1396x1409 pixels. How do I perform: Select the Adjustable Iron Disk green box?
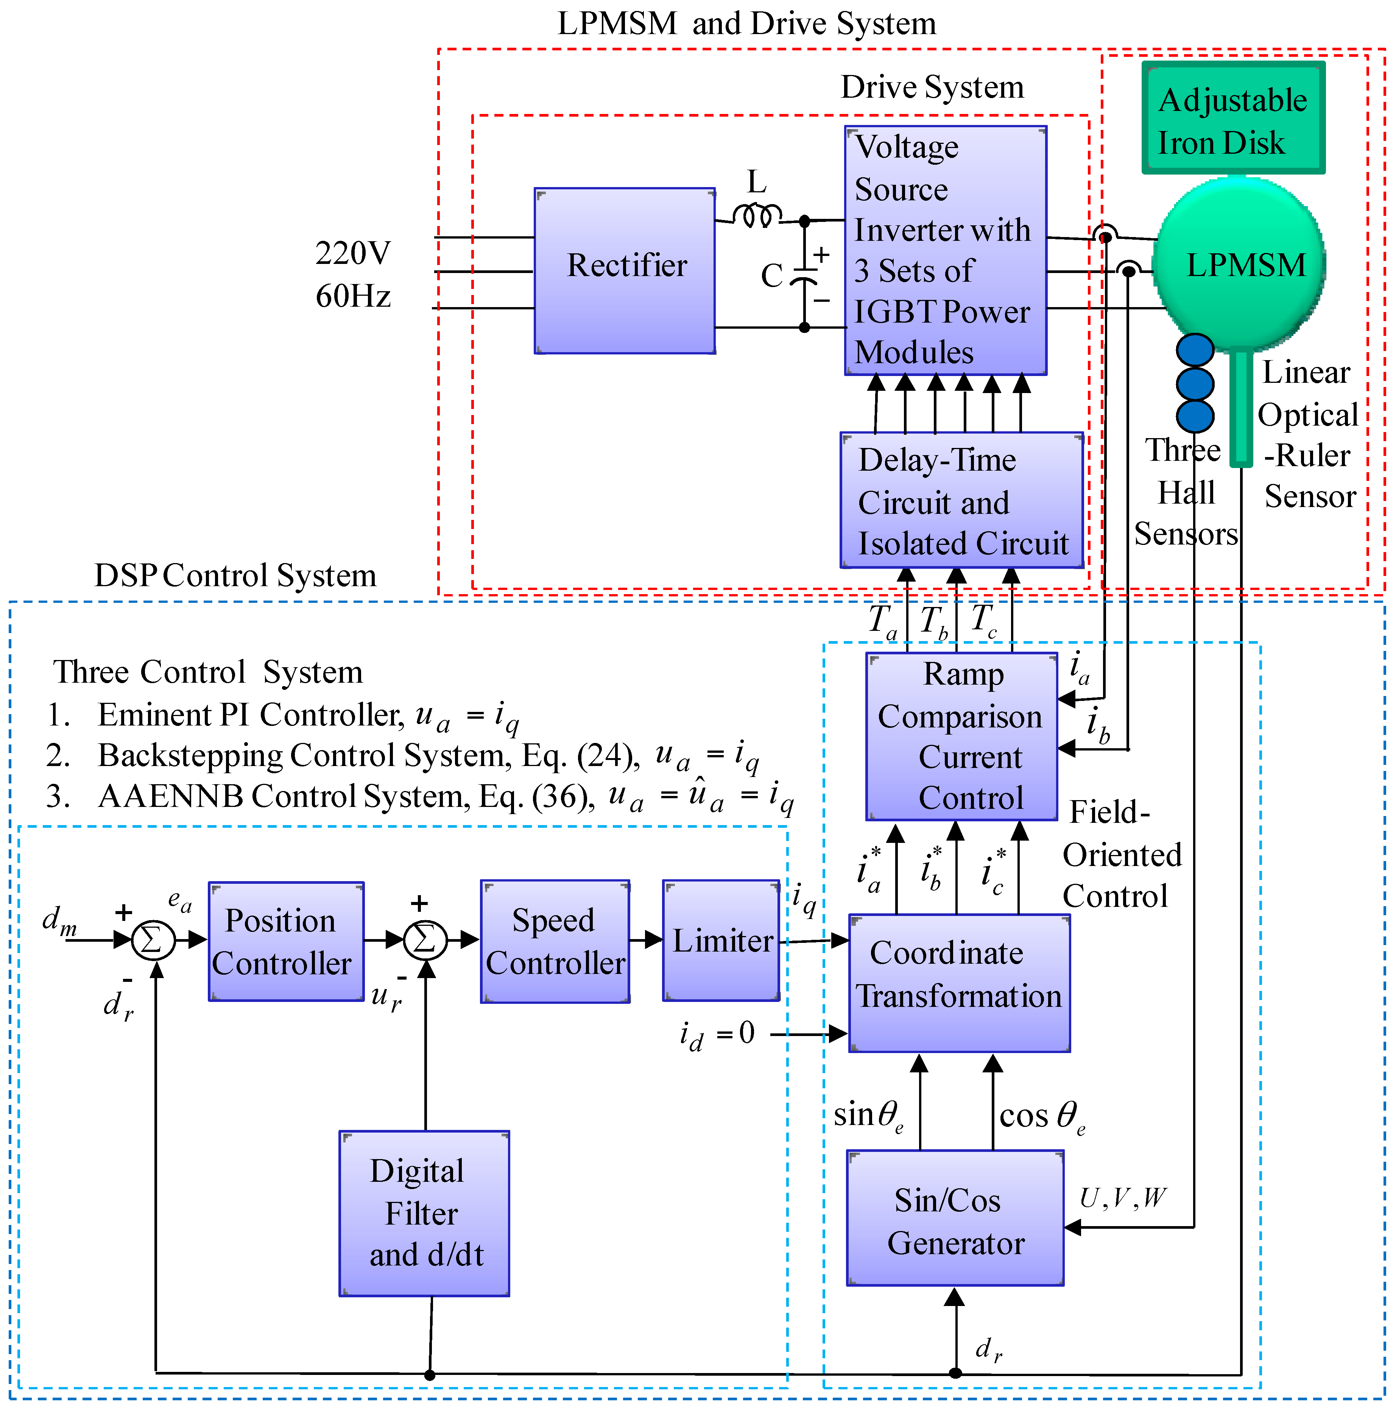click(1233, 118)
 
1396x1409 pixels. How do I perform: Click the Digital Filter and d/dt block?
click(424, 1214)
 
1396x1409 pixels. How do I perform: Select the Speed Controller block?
click(555, 941)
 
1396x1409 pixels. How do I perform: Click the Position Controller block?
click(286, 941)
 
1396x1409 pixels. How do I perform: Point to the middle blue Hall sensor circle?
click(1195, 383)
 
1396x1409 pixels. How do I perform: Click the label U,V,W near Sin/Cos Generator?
click(1123, 1197)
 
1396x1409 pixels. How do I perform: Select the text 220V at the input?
click(353, 253)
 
